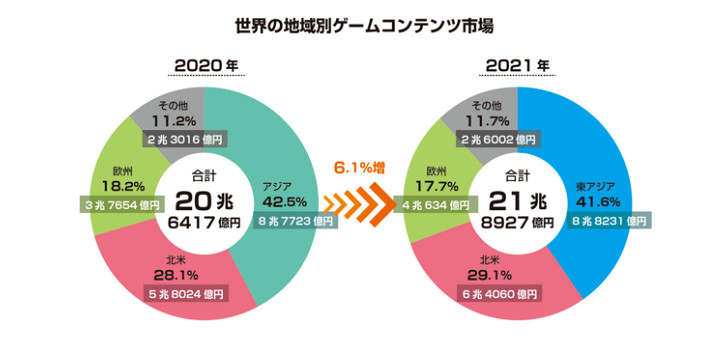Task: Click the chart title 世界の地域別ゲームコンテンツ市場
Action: coord(361,22)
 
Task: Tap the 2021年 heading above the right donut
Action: coord(518,66)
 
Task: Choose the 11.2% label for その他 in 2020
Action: coord(180,120)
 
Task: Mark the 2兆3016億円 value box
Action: coord(187,139)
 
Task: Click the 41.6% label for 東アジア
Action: coord(598,203)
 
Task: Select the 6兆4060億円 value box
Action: coord(499,296)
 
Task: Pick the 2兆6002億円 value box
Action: coord(497,139)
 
